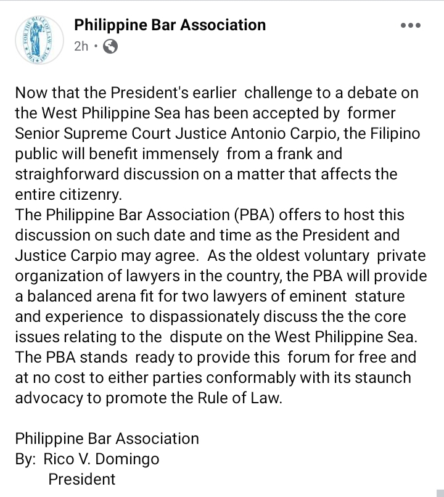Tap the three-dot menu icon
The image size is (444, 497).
(x=410, y=26)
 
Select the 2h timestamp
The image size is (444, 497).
(x=81, y=46)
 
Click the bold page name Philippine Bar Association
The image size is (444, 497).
(x=170, y=25)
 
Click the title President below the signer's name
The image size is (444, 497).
(x=82, y=479)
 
